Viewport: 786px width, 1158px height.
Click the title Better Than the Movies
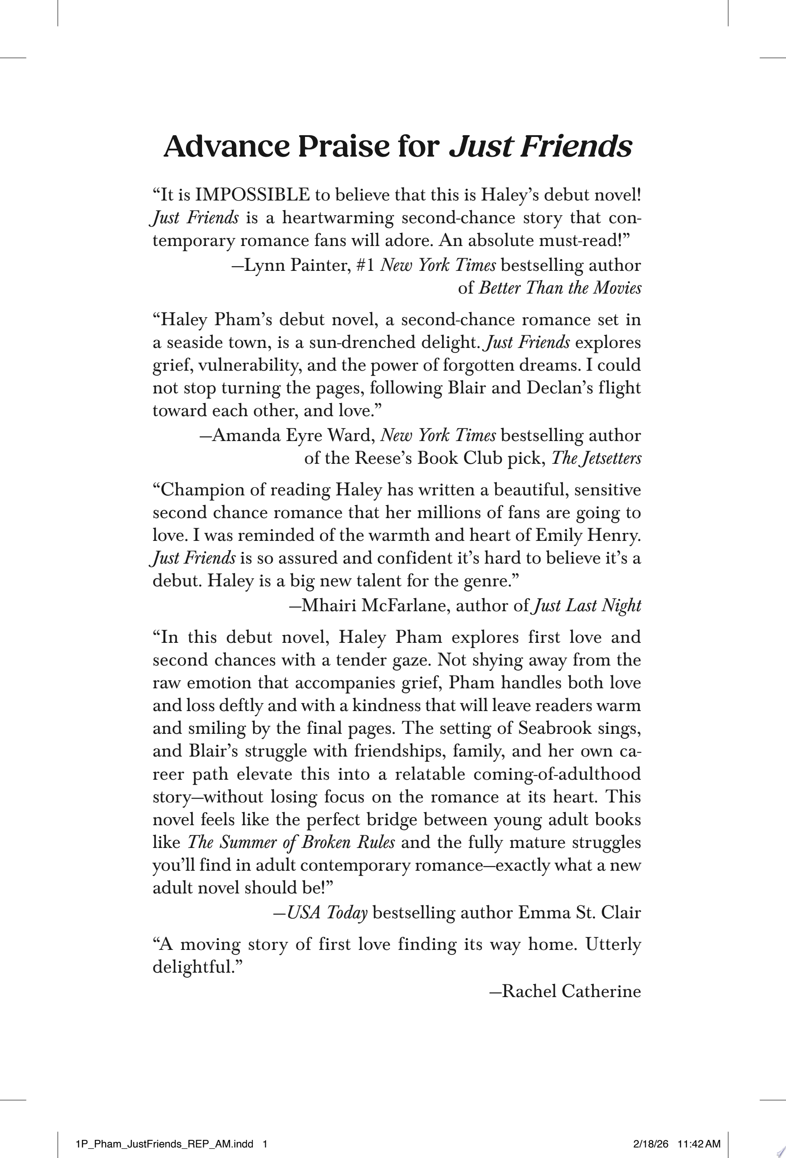[x=560, y=288]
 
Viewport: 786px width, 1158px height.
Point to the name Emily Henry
[x=588, y=535]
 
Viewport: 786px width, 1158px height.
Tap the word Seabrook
[x=555, y=728]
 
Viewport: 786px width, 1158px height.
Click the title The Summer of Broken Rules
[x=291, y=842]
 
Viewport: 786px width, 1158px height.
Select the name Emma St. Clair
[x=579, y=913]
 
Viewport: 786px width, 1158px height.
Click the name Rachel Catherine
[x=571, y=991]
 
